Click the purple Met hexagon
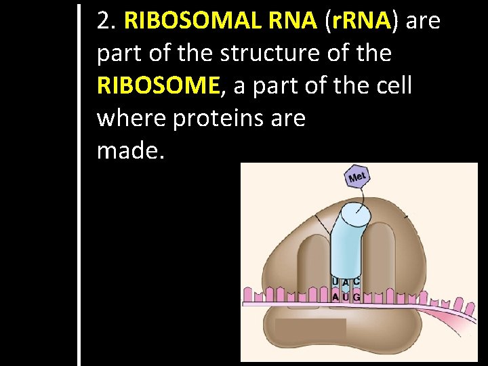tap(357, 177)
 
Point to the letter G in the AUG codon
tap(357, 297)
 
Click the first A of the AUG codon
tap(335, 297)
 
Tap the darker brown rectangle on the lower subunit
tap(310, 329)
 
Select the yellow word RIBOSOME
tap(159, 86)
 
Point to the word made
tap(130, 151)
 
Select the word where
tap(131, 119)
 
